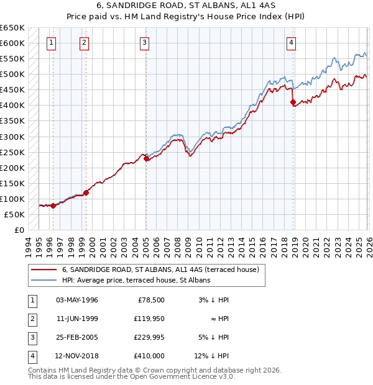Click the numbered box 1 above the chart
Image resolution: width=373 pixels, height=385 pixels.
coord(50,43)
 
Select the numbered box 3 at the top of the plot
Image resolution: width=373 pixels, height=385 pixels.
coord(144,43)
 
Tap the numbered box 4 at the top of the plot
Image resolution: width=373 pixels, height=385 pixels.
coord(291,43)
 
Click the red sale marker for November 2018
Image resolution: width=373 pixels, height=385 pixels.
coord(293,102)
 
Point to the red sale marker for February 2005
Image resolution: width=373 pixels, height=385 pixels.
coord(147,158)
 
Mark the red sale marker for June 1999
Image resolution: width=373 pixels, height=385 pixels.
coord(86,192)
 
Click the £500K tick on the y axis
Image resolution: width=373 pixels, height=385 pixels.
coord(12,75)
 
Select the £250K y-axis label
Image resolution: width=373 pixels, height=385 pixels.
coord(12,152)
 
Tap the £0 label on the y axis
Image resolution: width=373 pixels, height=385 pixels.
coord(19,230)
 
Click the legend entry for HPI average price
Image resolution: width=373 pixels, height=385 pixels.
coord(136,280)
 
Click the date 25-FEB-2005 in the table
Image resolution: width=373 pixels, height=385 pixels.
coord(77,338)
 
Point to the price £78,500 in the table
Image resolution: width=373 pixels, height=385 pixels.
coord(150,300)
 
